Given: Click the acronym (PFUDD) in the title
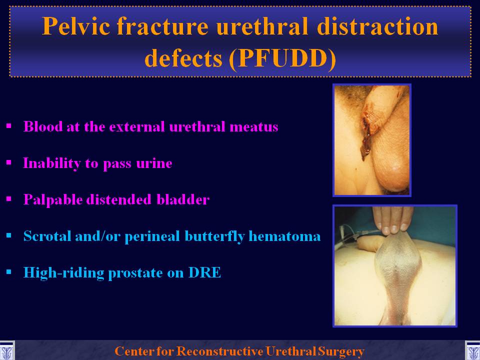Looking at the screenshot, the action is pyautogui.click(x=282, y=58).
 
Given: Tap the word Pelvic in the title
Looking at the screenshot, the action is pyautogui.click(x=76, y=26).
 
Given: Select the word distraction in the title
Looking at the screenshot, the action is pyautogui.click(x=378, y=26).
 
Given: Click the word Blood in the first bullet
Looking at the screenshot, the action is pyautogui.click(x=43, y=126).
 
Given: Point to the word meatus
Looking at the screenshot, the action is pyautogui.click(x=254, y=127).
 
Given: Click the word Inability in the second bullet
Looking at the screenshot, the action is pyautogui.click(x=51, y=163).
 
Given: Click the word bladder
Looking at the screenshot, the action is pyautogui.click(x=183, y=199).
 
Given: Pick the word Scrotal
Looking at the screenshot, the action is pyautogui.click(x=47, y=236).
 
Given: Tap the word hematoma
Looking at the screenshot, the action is pyautogui.click(x=284, y=236).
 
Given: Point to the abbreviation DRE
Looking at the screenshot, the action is pyautogui.click(x=204, y=272).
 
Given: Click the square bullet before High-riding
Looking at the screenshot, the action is pyautogui.click(x=8, y=272).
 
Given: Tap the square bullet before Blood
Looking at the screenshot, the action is pyautogui.click(x=8, y=126).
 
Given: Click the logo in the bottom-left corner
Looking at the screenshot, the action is pyautogui.click(x=7, y=350).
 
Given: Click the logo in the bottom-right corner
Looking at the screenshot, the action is pyautogui.click(x=472, y=350).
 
